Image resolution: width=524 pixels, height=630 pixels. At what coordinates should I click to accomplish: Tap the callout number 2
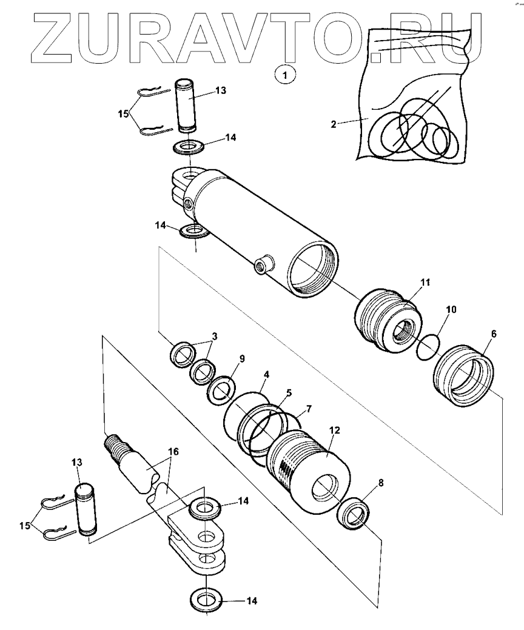[x=334, y=124]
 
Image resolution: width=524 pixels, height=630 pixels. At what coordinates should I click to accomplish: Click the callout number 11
[x=425, y=282]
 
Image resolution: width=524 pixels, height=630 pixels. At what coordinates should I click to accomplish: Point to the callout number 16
[x=173, y=452]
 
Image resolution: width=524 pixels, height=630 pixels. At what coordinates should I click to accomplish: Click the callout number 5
[x=289, y=393]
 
